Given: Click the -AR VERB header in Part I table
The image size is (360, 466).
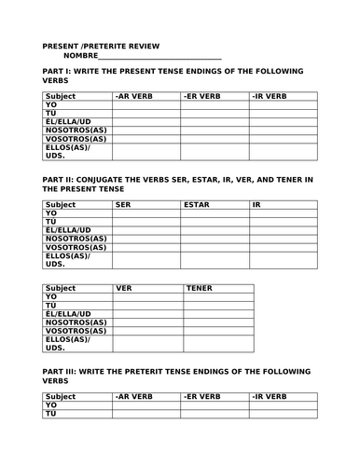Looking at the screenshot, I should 132,95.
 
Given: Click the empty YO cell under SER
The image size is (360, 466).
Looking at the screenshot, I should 145,213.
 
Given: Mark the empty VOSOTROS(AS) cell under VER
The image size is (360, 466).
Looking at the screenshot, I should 147,331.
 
